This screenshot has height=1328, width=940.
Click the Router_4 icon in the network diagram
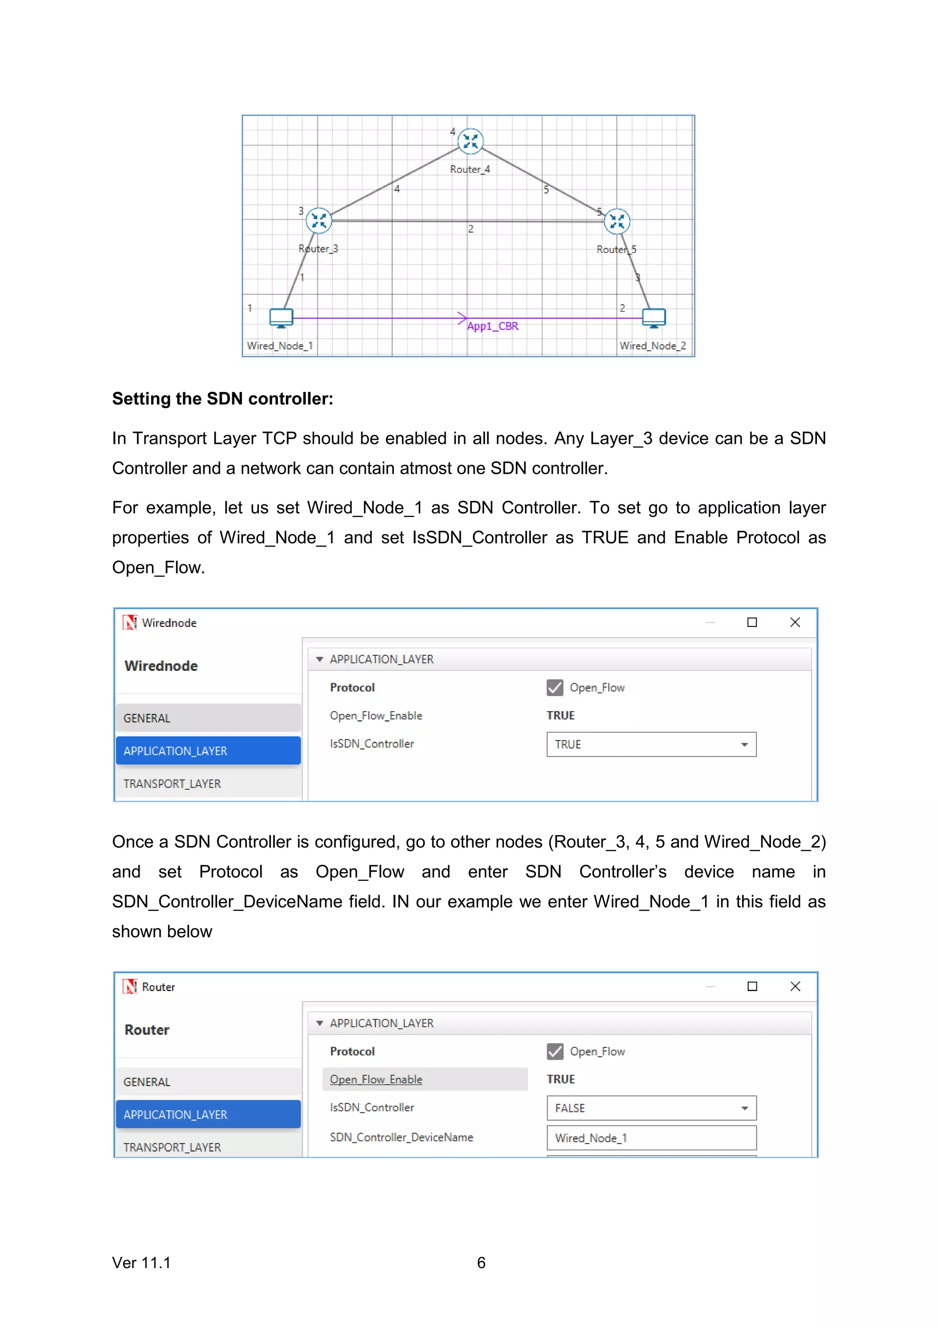[470, 141]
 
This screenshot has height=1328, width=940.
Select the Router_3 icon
[319, 221]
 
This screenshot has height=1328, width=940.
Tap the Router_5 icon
[617, 221]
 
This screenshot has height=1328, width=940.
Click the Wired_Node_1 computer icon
[281, 317]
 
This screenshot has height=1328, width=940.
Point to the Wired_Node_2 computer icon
[654, 317]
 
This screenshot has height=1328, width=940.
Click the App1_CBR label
[492, 326]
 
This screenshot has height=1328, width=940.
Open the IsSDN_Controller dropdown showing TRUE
[651, 744]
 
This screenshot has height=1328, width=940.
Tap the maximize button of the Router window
[752, 986]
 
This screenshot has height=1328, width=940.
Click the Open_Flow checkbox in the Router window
[554, 1051]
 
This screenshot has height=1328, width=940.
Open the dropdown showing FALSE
[651, 1108]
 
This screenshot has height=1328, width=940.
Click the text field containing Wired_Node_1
[651, 1138]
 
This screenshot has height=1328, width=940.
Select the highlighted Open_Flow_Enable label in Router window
[376, 1079]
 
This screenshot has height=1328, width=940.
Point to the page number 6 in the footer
[481, 1262]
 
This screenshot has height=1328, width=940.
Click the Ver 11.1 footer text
[141, 1262]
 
